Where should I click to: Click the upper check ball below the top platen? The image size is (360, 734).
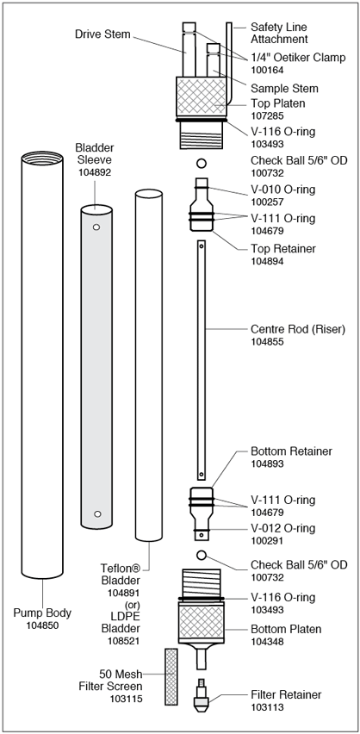[x=202, y=164]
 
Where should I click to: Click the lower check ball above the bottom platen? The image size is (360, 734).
[x=202, y=555]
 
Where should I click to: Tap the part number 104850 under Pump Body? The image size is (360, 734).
[x=42, y=625]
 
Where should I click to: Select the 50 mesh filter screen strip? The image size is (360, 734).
[x=171, y=676]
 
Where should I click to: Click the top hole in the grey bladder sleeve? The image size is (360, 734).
[x=96, y=227]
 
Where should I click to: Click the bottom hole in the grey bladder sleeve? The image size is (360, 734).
[x=97, y=514]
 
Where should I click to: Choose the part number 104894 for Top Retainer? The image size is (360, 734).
[x=268, y=261]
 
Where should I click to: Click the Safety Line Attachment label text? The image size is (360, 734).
[x=279, y=34]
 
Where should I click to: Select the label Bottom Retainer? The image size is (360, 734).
[x=291, y=451]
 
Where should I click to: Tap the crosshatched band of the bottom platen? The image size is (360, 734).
[x=202, y=621]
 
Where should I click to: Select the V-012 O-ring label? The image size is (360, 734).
[x=282, y=528]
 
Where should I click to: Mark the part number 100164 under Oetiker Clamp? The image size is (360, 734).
[x=268, y=71]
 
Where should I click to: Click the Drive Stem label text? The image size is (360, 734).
[x=102, y=34]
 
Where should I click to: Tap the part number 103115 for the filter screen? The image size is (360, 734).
[x=126, y=700]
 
